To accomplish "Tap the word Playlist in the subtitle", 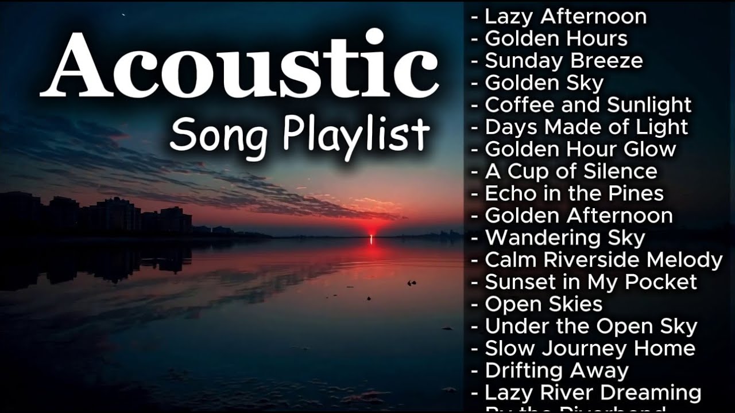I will (x=356, y=134).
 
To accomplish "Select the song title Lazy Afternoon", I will (x=565, y=16).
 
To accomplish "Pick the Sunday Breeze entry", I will (x=563, y=60).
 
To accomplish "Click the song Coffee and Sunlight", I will (x=587, y=105).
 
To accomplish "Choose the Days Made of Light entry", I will (x=586, y=127).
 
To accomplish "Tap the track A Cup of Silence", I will (x=571, y=171).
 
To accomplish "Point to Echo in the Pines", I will (x=574, y=193).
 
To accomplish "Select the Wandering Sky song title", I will (x=564, y=237).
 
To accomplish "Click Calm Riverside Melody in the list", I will (x=603, y=260).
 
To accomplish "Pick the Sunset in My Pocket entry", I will (x=590, y=282).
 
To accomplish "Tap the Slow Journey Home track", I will (x=590, y=348).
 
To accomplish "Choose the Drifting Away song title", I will (x=556, y=371).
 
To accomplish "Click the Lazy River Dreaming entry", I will (x=593, y=393).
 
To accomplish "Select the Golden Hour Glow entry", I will (x=580, y=149).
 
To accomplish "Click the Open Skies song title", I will (x=543, y=304).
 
